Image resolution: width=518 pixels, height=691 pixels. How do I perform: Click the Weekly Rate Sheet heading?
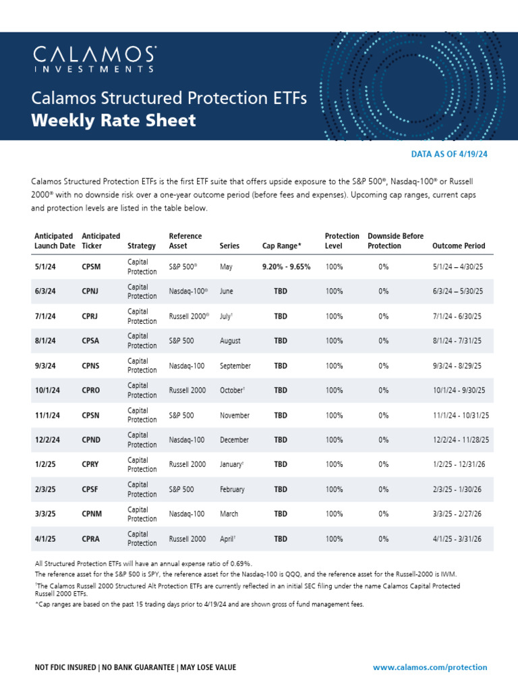[114, 121]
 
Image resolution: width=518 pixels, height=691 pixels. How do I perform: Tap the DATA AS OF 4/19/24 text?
[449, 154]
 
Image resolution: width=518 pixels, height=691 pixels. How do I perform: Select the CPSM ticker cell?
[91, 267]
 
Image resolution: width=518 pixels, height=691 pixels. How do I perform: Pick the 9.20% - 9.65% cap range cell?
[286, 267]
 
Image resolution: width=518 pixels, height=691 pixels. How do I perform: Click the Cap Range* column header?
[282, 246]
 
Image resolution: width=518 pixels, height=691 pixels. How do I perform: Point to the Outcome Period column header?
[458, 246]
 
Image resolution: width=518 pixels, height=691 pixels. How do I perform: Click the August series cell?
[230, 341]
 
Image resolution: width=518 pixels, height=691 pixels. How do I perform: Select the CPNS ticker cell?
[91, 366]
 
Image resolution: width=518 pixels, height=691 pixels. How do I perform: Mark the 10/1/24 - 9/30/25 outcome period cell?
[459, 391]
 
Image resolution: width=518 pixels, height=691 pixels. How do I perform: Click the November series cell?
[235, 416]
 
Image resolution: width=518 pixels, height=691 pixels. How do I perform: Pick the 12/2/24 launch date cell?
[48, 440]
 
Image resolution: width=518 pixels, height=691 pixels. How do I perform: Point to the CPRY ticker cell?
[91, 464]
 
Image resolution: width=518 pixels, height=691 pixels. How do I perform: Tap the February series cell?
[232, 489]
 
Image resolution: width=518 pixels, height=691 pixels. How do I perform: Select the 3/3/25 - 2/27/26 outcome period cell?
[458, 514]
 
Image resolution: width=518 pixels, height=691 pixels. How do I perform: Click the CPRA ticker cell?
[91, 539]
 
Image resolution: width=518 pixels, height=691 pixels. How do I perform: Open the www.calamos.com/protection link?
[430, 667]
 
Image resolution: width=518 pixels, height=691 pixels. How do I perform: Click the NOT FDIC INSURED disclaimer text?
[135, 667]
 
